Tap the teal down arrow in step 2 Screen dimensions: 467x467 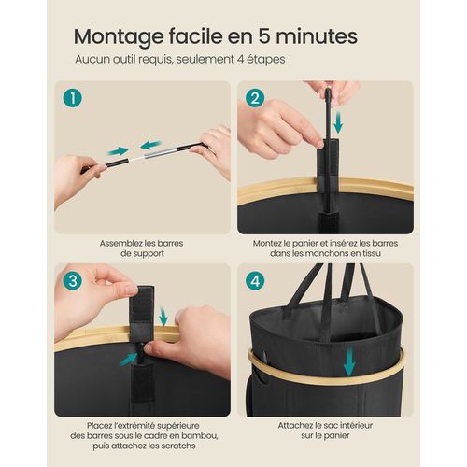click(339, 122)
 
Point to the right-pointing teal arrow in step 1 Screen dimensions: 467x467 click(117, 150)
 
